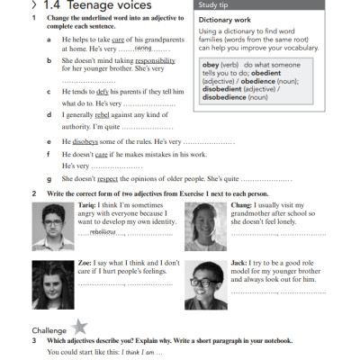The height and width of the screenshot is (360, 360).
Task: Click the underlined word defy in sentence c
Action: [x=105, y=92]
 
